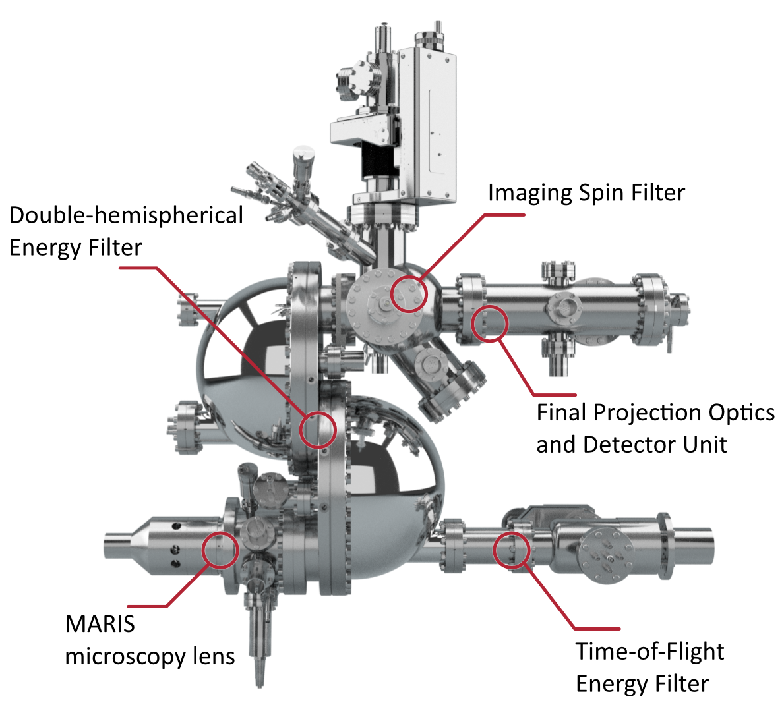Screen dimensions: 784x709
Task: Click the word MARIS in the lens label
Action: tap(100, 624)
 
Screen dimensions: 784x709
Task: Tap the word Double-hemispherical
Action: tap(126, 216)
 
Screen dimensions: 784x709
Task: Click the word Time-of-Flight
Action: tap(649, 652)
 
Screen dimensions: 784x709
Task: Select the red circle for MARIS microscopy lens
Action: tap(220, 550)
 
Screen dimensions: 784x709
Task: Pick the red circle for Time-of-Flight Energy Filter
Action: tap(511, 551)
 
